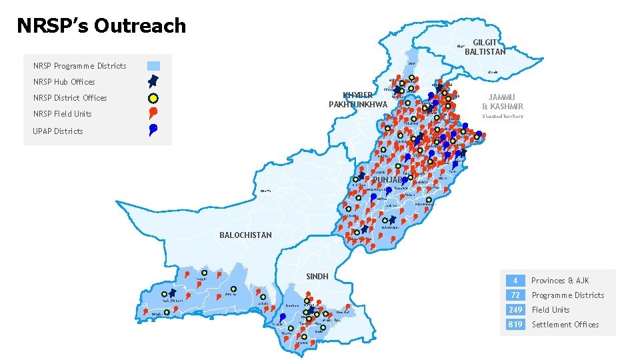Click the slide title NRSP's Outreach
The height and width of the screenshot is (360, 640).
101,26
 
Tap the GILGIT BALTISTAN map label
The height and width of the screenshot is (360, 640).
485,46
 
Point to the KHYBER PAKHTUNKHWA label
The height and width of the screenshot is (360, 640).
358,99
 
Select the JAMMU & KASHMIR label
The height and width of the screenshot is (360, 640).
503,101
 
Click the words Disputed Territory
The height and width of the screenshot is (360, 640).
503,116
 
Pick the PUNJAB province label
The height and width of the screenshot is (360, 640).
388,180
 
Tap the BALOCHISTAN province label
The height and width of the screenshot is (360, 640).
245,235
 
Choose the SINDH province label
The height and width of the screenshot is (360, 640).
317,276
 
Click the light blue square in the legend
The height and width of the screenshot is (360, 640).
153,66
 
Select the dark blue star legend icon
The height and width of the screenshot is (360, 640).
153,81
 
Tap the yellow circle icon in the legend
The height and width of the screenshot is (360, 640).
153,97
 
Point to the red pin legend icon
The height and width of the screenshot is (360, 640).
153,113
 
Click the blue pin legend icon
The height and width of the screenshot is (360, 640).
153,129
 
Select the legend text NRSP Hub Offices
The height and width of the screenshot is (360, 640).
64,82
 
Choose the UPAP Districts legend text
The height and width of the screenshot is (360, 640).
58,131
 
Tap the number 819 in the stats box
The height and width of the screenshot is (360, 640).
515,324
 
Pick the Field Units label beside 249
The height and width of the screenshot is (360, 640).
551,309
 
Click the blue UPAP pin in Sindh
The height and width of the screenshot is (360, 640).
283,317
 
